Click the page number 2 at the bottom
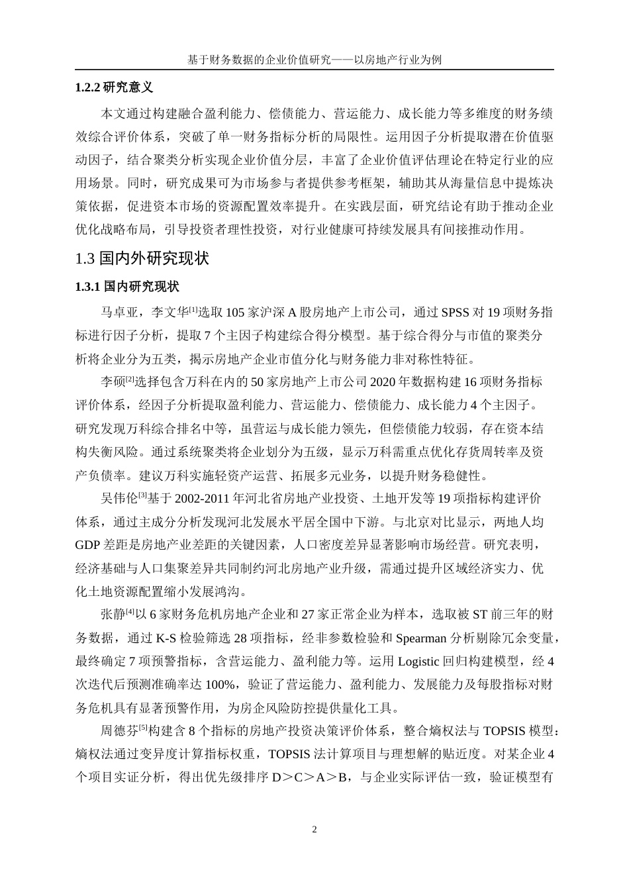click(x=314, y=830)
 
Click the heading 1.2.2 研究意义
click(x=115, y=87)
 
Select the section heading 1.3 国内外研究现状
click(x=142, y=258)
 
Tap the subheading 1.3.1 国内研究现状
click(x=128, y=287)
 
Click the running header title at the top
click(x=314, y=60)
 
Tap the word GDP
click(x=88, y=544)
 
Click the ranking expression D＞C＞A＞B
click(x=311, y=777)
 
